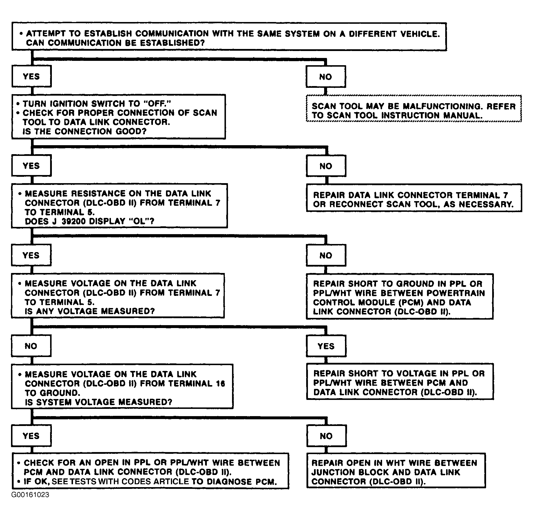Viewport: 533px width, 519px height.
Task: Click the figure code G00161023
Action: pyautogui.click(x=30, y=495)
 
